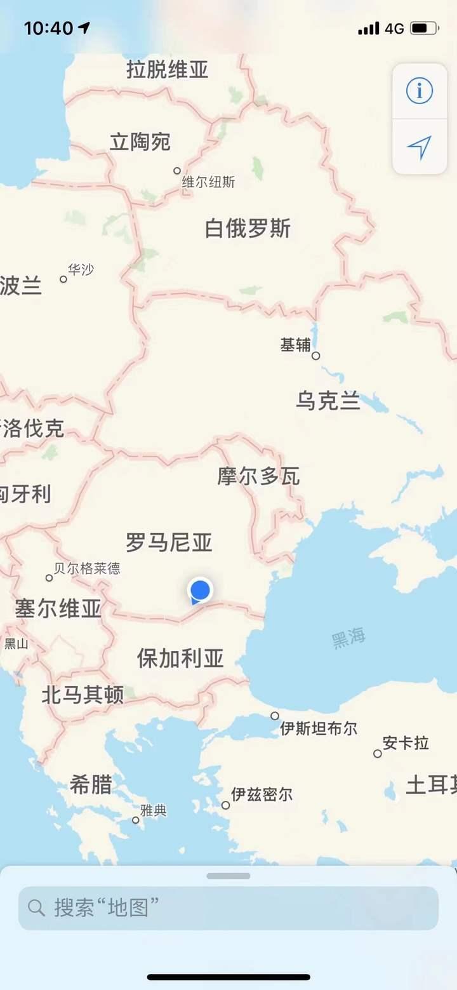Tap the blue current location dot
(x=201, y=590)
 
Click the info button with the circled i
(x=420, y=91)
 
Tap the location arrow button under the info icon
(x=420, y=147)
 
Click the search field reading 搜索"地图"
(x=228, y=907)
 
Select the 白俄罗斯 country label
(x=248, y=229)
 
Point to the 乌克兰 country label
(x=328, y=401)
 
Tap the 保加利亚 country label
(x=180, y=659)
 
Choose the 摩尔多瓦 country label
(x=258, y=476)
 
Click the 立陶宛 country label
(x=140, y=142)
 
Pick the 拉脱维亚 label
(x=168, y=69)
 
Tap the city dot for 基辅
(x=316, y=356)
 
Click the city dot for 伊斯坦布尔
(x=275, y=716)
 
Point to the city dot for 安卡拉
(x=378, y=754)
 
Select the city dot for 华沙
(x=63, y=279)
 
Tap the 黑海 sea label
(x=348, y=638)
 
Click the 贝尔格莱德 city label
(x=86, y=568)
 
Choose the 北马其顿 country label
(x=83, y=695)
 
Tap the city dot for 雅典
(x=136, y=820)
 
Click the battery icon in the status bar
(x=423, y=28)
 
